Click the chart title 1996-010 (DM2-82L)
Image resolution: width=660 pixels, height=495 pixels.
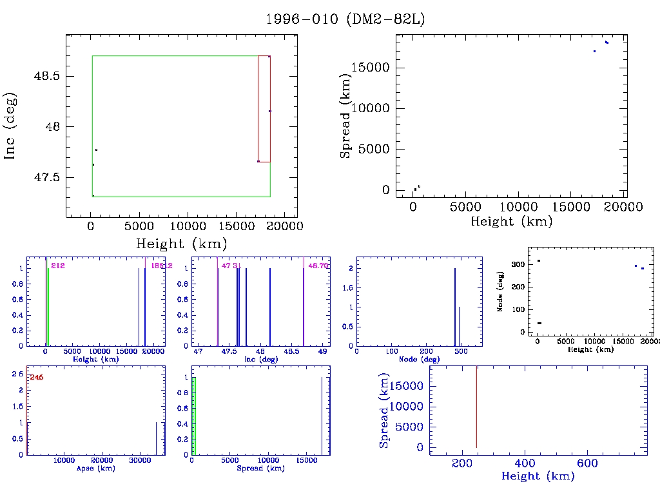345,19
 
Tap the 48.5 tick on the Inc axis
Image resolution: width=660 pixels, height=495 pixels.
47,76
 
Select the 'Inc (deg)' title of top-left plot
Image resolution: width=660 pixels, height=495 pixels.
10,126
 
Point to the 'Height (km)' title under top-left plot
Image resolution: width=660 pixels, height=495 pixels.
181,244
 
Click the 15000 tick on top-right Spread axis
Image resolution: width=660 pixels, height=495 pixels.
375,68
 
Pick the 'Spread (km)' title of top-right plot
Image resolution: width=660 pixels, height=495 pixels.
346,116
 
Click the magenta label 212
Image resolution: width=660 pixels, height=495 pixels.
57,266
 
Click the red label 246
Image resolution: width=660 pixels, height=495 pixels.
36,377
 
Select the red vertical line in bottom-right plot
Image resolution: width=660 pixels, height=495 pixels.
476,406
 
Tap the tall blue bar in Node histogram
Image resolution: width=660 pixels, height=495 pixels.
455,307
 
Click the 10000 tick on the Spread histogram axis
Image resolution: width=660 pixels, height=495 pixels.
267,461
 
